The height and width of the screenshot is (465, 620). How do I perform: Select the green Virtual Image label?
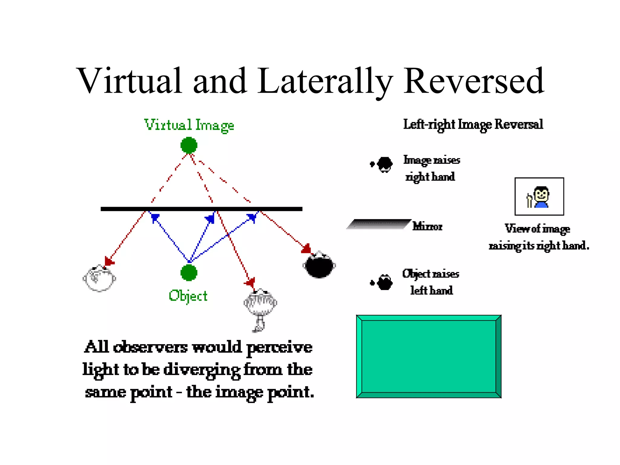pyautogui.click(x=189, y=125)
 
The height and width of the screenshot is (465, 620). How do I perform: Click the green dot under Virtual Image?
pyautogui.click(x=189, y=145)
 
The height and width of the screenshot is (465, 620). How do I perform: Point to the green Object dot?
pyautogui.click(x=189, y=272)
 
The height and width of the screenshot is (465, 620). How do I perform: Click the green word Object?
pyautogui.click(x=188, y=296)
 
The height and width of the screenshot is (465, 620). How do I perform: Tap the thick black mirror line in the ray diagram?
pyautogui.click(x=201, y=209)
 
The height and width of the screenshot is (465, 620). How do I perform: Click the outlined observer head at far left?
pyautogui.click(x=99, y=279)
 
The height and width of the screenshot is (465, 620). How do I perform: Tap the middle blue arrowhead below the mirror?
pyautogui.click(x=210, y=219)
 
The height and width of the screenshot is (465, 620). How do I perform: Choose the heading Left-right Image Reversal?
pyautogui.click(x=473, y=124)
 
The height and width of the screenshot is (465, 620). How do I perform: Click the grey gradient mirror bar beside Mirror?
pyautogui.click(x=378, y=224)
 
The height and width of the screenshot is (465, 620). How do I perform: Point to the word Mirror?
pyautogui.click(x=427, y=226)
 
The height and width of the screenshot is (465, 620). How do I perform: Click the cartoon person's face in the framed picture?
pyautogui.click(x=542, y=194)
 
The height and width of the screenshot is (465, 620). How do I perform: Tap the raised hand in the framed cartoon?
pyautogui.click(x=529, y=200)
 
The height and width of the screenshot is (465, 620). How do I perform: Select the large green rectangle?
pyautogui.click(x=429, y=356)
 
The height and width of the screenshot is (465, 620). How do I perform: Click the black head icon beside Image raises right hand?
pyautogui.click(x=385, y=164)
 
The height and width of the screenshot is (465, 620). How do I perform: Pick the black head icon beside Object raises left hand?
pyautogui.click(x=385, y=282)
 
